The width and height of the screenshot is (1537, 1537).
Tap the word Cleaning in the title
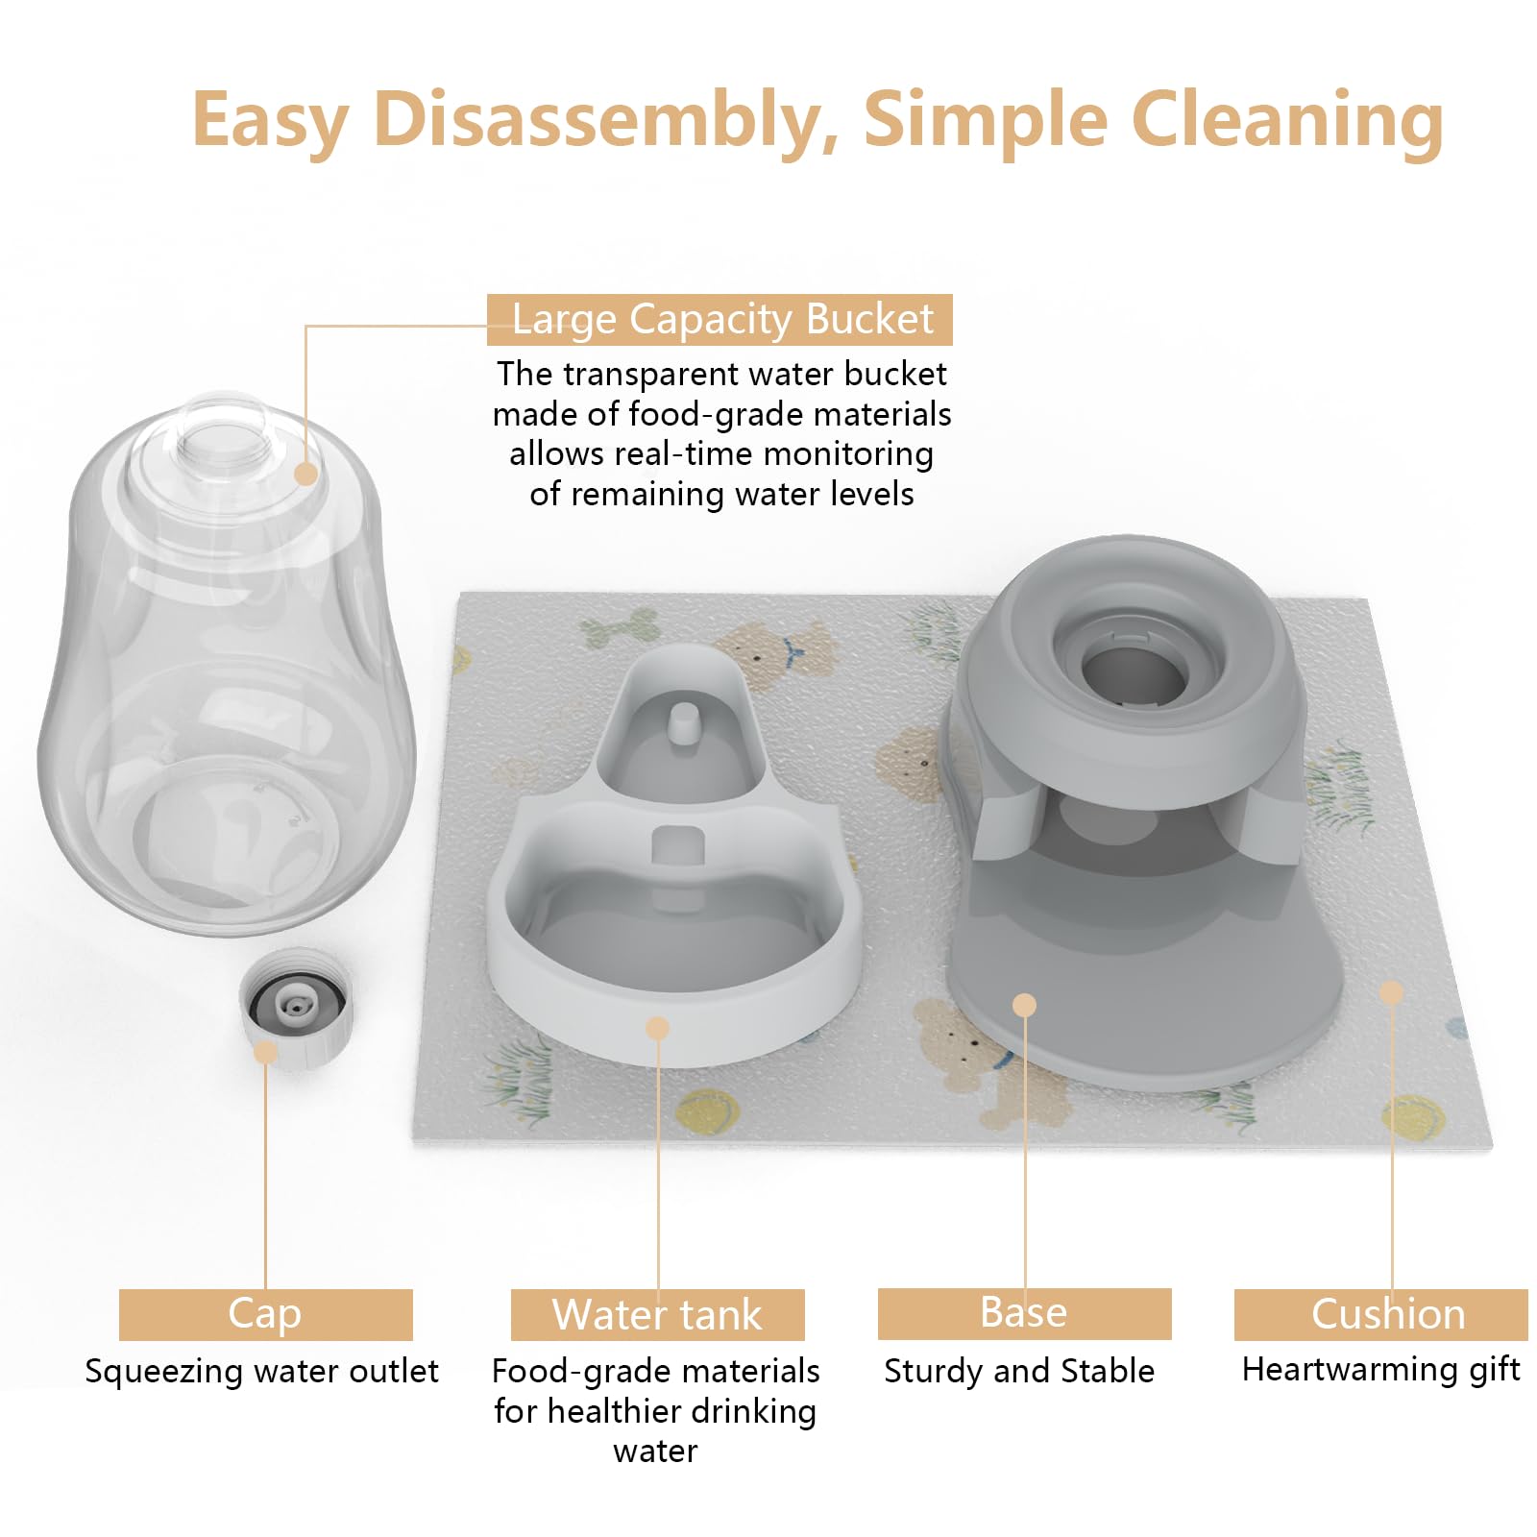click(1287, 120)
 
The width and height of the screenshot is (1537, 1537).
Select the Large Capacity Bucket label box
click(720, 320)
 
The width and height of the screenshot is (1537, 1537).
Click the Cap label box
click(265, 1314)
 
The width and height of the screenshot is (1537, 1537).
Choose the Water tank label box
click(657, 1314)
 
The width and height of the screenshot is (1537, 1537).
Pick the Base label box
click(1024, 1313)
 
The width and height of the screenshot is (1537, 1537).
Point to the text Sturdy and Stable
click(1019, 1371)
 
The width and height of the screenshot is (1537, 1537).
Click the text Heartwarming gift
click(1380, 1369)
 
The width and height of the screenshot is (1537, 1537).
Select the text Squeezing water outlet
click(261, 1371)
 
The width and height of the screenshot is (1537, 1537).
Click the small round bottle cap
click(295, 1007)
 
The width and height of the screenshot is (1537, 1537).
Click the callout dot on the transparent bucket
click(305, 474)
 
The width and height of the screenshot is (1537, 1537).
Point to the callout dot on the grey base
click(1025, 1005)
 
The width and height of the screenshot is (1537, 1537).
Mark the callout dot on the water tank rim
click(657, 1028)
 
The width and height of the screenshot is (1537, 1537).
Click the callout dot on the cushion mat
click(1391, 992)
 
